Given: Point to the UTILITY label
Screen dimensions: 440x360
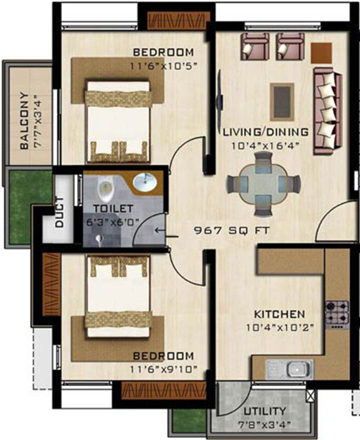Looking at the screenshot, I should [x=264, y=411].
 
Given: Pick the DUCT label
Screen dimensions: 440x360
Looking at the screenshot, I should [x=59, y=212].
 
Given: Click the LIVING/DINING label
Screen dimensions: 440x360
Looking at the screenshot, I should [x=265, y=132].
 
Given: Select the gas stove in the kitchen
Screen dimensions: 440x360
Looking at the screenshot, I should [x=337, y=313].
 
